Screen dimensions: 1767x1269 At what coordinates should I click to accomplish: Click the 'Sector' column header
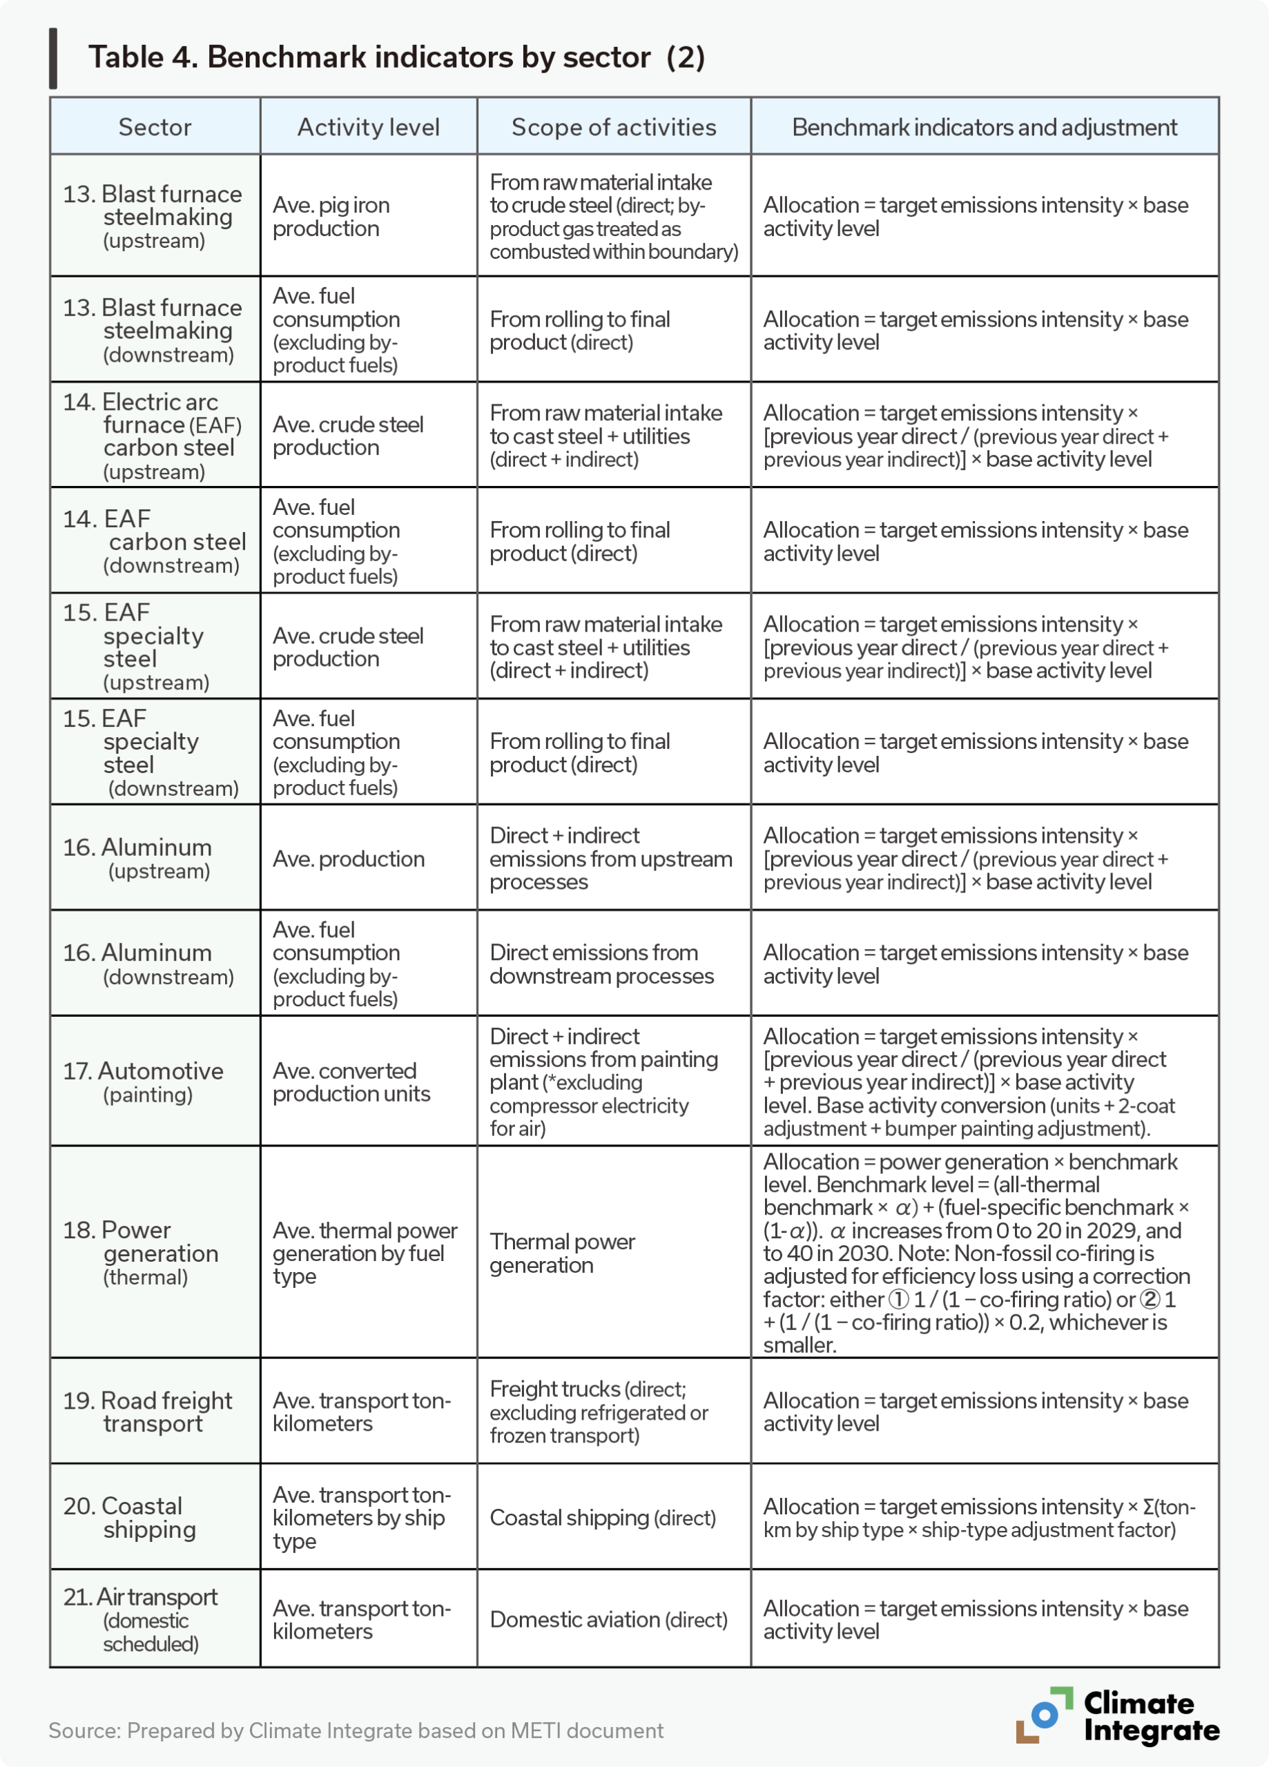(155, 127)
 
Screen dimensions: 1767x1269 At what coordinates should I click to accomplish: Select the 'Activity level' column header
(368, 127)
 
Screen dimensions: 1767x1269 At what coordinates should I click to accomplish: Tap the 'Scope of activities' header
(614, 127)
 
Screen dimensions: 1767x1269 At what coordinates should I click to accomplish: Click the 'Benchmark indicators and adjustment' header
(984, 127)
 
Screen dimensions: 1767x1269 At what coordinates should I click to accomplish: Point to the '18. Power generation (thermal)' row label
(140, 1253)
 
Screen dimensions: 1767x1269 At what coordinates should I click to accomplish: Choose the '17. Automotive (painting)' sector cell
(144, 1082)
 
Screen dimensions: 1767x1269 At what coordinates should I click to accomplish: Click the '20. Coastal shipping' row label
(129, 1517)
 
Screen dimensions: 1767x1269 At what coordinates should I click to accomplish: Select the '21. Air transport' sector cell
(140, 1620)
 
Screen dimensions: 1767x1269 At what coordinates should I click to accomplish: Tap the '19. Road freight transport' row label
(147, 1412)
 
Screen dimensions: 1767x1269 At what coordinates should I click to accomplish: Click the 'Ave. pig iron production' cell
(331, 217)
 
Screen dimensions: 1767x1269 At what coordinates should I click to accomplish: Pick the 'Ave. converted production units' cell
(351, 1082)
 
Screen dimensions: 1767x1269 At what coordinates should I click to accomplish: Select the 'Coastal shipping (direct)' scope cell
(603, 1518)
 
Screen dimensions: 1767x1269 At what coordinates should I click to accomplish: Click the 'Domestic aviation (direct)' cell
(608, 1620)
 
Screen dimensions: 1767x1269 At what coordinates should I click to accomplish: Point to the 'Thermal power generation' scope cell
(562, 1253)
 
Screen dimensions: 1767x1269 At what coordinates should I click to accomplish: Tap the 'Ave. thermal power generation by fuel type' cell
(365, 1253)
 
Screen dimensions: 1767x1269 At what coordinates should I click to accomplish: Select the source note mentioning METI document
(356, 1730)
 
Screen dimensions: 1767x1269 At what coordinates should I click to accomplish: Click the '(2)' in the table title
(685, 58)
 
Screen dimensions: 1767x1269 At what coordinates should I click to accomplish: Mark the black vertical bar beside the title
(53, 59)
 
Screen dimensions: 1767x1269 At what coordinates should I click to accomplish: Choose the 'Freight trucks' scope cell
(599, 1412)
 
